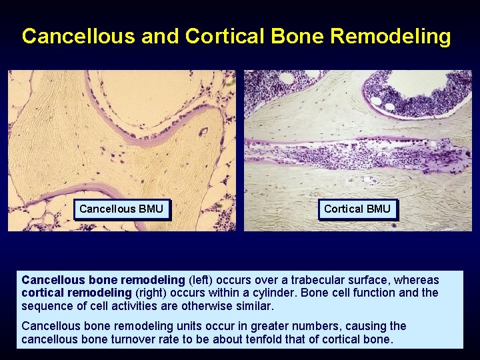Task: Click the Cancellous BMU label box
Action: [121, 209]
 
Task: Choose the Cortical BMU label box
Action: [357, 209]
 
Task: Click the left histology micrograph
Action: [121, 133]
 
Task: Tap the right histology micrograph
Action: [357, 133]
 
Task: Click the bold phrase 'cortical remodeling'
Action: [77, 293]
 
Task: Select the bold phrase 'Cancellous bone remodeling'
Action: [103, 280]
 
